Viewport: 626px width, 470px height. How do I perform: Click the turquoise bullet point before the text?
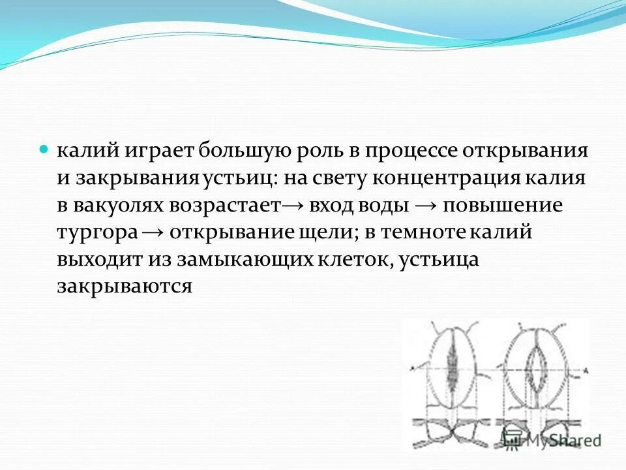(x=45, y=149)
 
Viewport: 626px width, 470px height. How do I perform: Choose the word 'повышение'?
(x=503, y=206)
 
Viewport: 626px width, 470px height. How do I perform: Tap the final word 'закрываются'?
(x=124, y=287)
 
